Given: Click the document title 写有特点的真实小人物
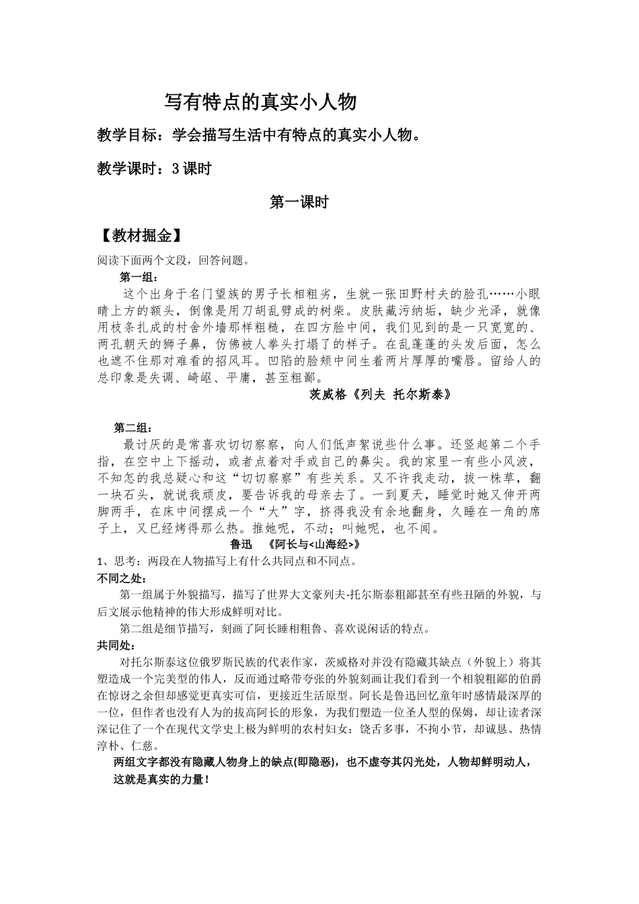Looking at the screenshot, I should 260,102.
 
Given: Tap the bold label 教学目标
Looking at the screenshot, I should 126,136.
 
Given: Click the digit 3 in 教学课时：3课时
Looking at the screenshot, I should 176,169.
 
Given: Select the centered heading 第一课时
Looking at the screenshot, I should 299,202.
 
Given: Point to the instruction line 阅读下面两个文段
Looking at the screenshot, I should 174,262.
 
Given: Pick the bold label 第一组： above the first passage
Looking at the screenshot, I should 139,278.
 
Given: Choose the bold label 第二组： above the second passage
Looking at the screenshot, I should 133,428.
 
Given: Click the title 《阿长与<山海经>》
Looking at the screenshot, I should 314,545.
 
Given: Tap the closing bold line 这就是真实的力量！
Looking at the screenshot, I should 162,780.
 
